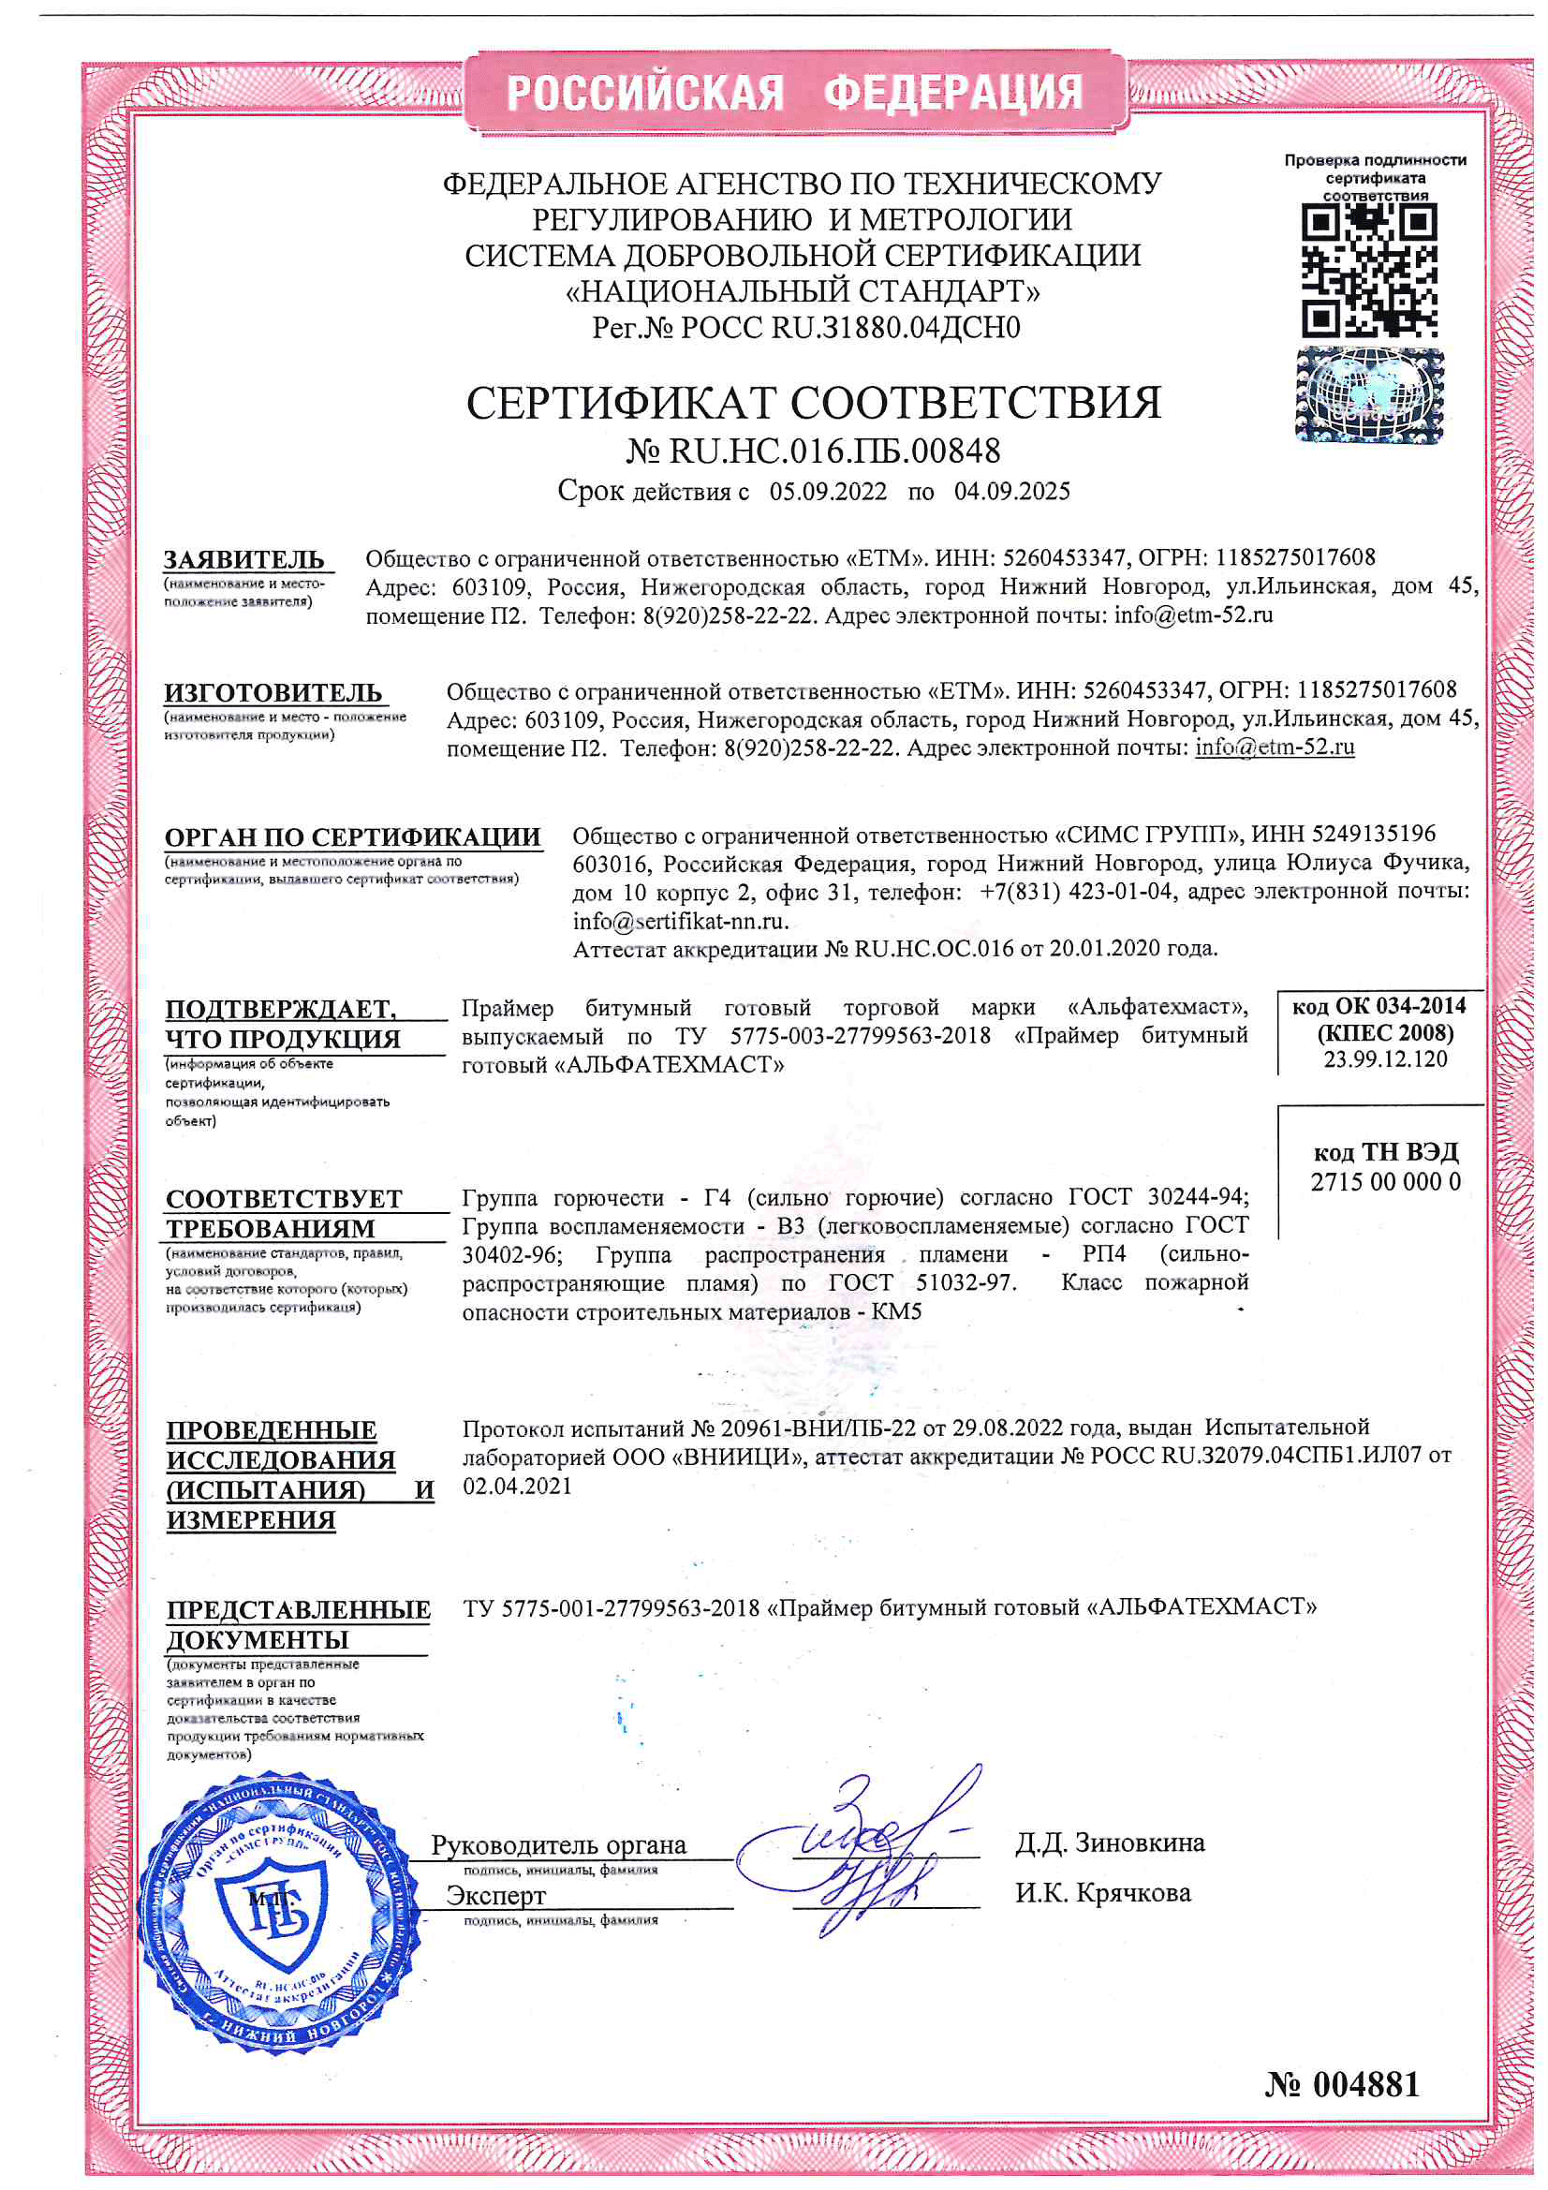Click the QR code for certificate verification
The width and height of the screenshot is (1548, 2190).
coord(1369,273)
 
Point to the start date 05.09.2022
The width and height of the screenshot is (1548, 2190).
coord(828,492)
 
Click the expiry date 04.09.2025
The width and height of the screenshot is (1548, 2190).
coord(1012,492)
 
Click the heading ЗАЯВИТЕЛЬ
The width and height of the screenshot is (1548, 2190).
coord(244,560)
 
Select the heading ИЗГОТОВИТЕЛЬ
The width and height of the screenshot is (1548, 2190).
coord(273,692)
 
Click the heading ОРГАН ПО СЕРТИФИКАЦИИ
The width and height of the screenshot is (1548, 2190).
coord(352,837)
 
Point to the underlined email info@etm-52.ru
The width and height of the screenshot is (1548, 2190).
coord(1275,747)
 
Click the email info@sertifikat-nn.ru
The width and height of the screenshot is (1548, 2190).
coord(679,922)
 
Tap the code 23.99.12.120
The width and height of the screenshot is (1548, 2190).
coord(1385,1059)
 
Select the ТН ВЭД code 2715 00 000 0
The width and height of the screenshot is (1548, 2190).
coord(1385,1183)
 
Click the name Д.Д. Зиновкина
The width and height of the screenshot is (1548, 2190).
coord(1109,1843)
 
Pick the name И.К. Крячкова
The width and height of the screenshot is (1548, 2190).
coord(1102,1893)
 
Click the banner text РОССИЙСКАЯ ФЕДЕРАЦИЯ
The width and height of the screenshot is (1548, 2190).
coord(794,93)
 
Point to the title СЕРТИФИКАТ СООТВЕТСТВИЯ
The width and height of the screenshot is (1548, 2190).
coord(814,404)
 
